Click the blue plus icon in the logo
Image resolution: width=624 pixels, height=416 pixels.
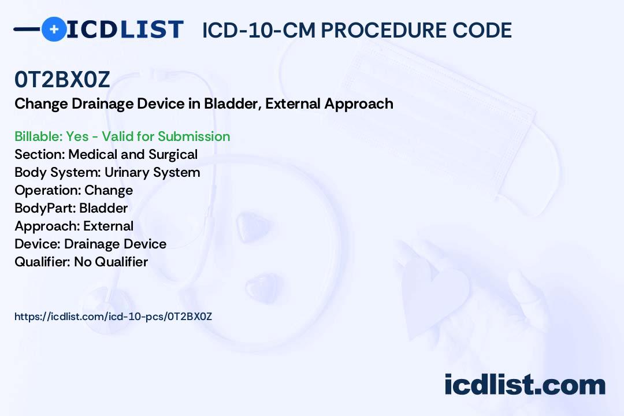[54, 29]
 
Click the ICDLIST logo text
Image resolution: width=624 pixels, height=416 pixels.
[125, 29]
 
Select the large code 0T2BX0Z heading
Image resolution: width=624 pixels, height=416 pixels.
[62, 80]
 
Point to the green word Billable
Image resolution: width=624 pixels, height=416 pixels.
[38, 136]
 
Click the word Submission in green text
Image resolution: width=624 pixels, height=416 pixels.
[194, 136]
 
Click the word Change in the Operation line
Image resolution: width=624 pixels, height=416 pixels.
[109, 190]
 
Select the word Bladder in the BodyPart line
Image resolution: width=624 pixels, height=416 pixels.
[103, 208]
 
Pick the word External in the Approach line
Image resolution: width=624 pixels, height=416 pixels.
[108, 226]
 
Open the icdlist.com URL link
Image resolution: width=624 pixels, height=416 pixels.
[113, 317]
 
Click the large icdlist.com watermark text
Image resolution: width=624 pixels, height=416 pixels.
[525, 385]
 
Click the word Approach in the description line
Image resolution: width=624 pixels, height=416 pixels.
[359, 103]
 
